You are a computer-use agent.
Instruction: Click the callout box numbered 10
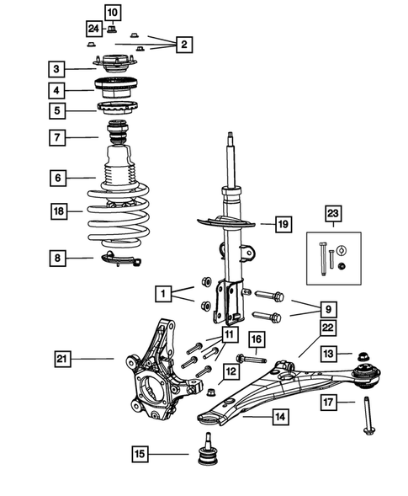[112, 11]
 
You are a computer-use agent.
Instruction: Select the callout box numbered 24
[93, 29]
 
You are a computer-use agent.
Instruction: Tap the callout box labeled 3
[56, 68]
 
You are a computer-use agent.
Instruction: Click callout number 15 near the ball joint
[140, 456]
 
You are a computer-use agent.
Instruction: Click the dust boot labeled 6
[121, 177]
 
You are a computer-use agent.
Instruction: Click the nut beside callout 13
[366, 355]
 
